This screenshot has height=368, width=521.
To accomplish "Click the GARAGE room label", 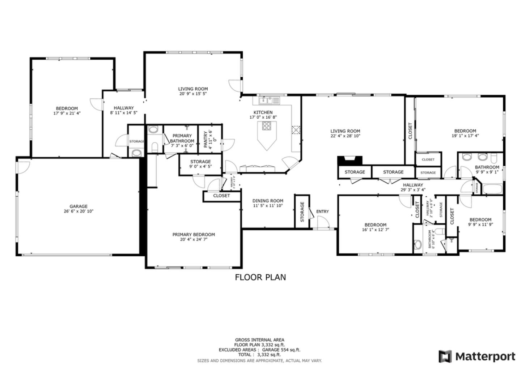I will pos(79,206).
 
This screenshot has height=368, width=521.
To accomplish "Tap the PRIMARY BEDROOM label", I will pos(194,235).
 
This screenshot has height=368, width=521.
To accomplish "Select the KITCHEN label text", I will pos(263,112).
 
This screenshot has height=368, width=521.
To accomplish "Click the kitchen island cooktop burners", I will pos(267,126).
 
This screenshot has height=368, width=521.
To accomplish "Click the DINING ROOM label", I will pos(268,201).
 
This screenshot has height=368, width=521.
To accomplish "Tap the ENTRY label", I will pos(322,211).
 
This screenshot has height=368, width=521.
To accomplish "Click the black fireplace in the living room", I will pos(350,160).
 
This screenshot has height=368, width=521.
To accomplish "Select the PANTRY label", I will pos(206,140).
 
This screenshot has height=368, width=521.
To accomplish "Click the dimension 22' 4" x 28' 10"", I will pos(345,136).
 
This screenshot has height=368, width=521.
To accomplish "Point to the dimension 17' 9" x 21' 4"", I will pos(67,113).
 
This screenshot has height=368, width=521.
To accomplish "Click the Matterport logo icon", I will pos(445,356).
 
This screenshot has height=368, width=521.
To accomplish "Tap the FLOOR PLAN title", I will pos(260,277).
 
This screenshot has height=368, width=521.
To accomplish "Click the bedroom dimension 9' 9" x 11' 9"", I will pos(480,224).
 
